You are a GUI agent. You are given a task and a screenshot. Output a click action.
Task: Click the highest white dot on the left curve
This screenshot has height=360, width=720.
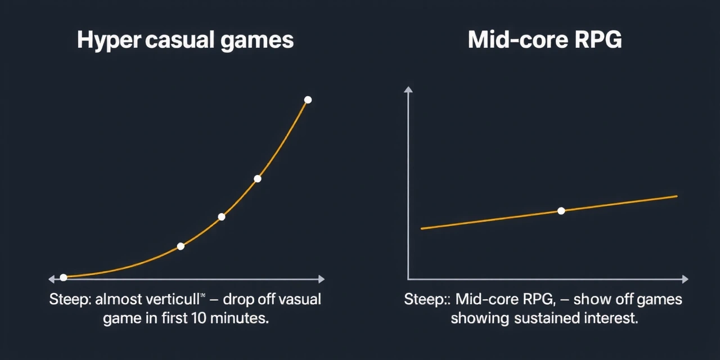click(308, 100)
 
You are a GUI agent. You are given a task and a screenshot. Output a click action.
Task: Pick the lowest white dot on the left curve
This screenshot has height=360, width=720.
click(64, 277)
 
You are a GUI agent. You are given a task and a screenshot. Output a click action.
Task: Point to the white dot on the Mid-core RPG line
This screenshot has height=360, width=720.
click(561, 211)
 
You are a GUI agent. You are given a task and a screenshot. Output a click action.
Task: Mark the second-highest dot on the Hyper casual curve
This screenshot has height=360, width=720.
click(258, 179)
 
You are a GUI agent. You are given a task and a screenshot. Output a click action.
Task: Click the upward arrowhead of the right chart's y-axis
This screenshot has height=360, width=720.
click(408, 89)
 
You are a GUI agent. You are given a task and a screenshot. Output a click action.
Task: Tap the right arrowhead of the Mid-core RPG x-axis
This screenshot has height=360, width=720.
click(685, 279)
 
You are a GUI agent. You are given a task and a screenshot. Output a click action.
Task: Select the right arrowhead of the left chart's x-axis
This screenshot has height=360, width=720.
click(321, 279)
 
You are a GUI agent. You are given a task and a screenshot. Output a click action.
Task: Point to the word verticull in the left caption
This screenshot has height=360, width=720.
click(173, 299)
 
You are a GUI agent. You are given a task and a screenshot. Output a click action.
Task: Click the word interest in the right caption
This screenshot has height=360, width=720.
click(611, 318)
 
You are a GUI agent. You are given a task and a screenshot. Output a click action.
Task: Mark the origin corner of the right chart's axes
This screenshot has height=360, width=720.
click(408, 279)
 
